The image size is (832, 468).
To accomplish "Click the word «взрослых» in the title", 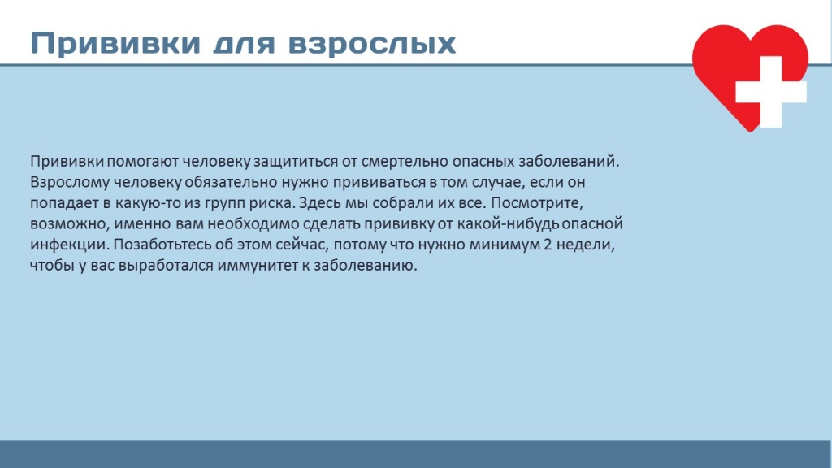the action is point(372,44).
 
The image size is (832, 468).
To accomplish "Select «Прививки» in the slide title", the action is point(115,44).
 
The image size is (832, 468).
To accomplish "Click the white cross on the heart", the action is point(770,92).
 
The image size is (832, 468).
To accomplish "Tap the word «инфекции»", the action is point(69,245).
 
